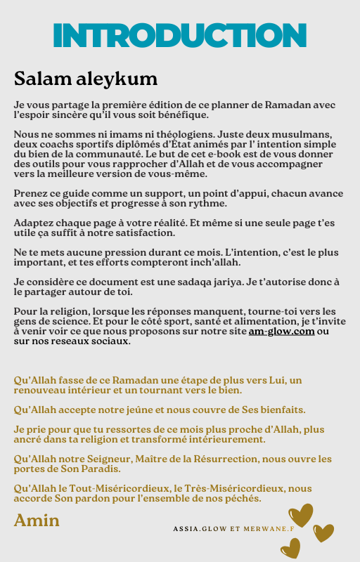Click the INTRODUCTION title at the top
(x=180, y=36)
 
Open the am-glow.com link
(x=281, y=331)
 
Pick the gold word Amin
(x=37, y=520)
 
